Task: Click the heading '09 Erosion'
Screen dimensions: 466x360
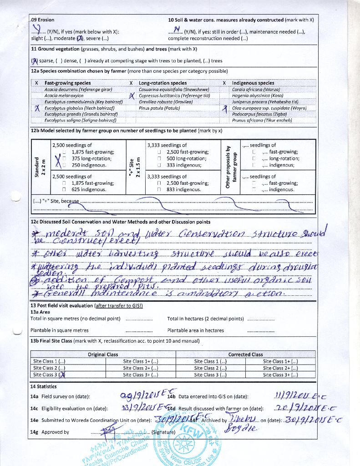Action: (43, 20)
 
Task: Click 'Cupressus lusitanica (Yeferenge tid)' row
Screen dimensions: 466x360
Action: (174, 96)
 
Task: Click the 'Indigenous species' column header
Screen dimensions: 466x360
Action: (253, 83)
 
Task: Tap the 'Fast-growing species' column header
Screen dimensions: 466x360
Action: (67, 83)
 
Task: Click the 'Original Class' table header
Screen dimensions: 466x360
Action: (103, 354)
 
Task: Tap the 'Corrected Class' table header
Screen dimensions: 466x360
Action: (245, 354)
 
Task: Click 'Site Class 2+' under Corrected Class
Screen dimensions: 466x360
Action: (280, 368)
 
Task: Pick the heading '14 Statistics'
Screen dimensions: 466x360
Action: (44, 386)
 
